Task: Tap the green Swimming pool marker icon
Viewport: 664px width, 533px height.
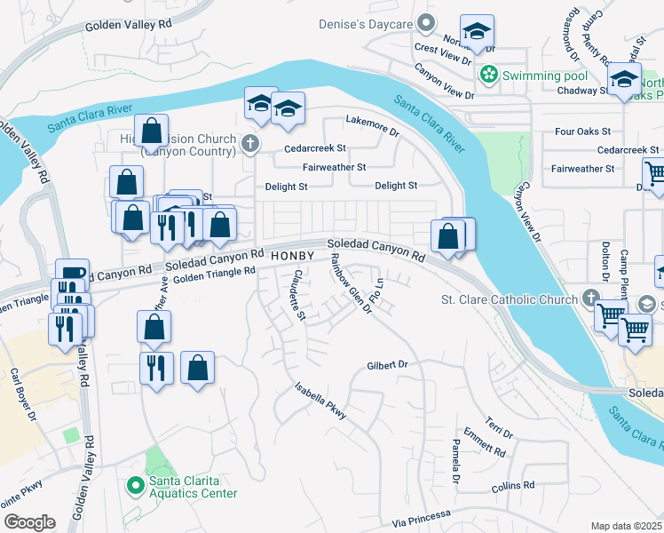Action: coord(487,76)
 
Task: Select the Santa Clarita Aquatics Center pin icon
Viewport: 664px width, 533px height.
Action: coord(135,485)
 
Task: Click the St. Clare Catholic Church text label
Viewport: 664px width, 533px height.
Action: coord(510,299)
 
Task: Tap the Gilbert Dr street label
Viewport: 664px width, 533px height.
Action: coord(386,365)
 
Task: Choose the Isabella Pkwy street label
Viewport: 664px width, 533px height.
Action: coord(320,401)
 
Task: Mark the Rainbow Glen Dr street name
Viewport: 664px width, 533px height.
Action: coord(350,283)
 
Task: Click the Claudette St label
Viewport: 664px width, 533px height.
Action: coord(298,294)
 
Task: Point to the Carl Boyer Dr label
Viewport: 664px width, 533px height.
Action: coord(21,394)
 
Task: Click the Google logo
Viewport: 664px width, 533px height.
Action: coord(29,521)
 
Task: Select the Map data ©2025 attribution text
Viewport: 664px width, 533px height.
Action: coord(627,526)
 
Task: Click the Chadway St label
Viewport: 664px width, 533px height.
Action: coord(580,91)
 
